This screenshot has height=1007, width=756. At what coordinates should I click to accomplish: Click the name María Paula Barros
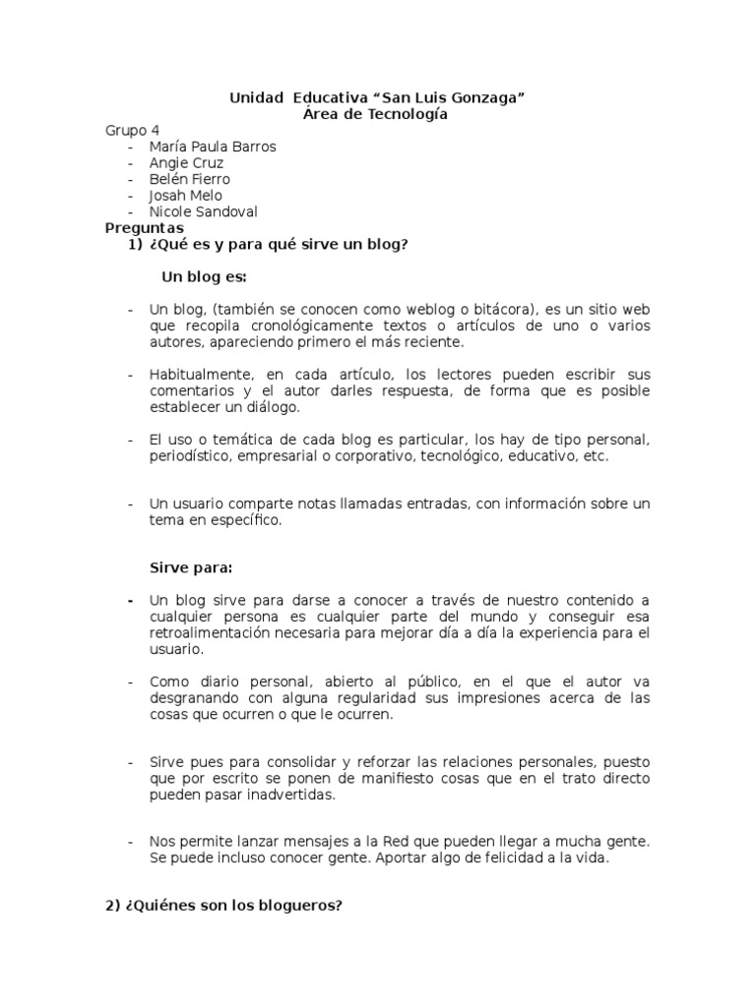(x=213, y=147)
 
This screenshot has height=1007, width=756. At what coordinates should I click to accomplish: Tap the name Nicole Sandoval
(x=204, y=211)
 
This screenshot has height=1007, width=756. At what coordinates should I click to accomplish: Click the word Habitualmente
(x=201, y=375)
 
